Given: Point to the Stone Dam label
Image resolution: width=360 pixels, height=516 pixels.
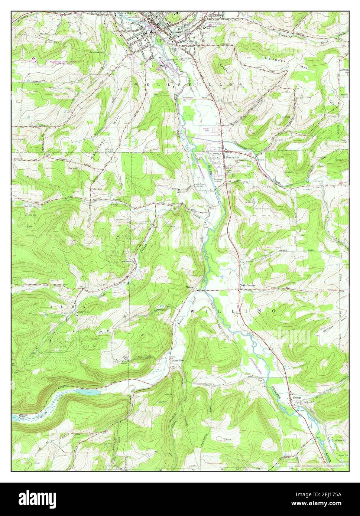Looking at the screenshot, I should (x=178, y=360).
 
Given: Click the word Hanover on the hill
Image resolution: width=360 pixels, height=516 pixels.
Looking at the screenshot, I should (x=272, y=59).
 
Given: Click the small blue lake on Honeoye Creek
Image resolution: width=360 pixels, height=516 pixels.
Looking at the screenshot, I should (x=88, y=392).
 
